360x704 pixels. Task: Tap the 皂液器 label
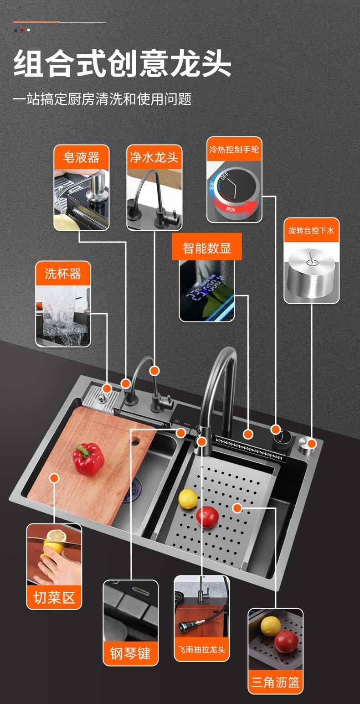tap(81, 158)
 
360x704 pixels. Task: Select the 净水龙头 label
tap(154, 158)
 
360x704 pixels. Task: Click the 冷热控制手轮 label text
tap(234, 149)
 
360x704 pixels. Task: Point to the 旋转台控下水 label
tap(311, 230)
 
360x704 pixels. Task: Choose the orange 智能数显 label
tap(206, 248)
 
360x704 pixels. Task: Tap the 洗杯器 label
tap(63, 274)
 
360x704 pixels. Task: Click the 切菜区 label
tap(54, 597)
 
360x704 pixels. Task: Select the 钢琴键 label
tap(130, 653)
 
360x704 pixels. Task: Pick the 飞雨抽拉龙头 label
tap(201, 649)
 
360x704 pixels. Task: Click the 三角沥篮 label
tap(275, 682)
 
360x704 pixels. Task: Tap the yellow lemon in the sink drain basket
tap(188, 499)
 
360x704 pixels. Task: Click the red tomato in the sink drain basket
tap(207, 517)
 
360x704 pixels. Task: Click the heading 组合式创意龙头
tap(122, 64)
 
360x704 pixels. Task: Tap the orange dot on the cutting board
tap(54, 478)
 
